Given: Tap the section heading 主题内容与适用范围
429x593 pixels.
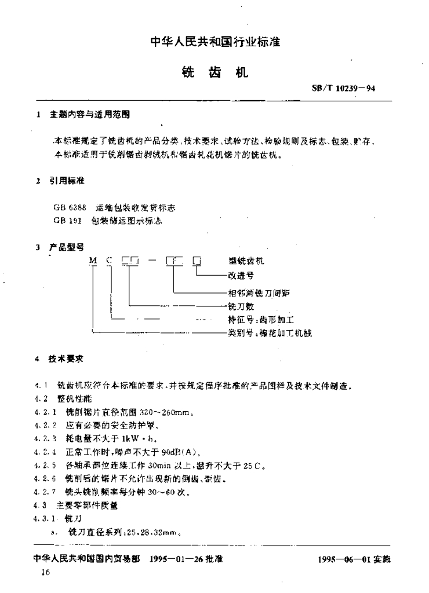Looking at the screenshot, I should click(90, 115).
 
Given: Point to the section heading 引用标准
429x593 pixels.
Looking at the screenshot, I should click(68, 181).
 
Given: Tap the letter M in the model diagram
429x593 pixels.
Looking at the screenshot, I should click(92, 261).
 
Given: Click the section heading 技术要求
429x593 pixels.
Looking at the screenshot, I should click(68, 359).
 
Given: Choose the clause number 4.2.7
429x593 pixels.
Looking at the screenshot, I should click(45, 492).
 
